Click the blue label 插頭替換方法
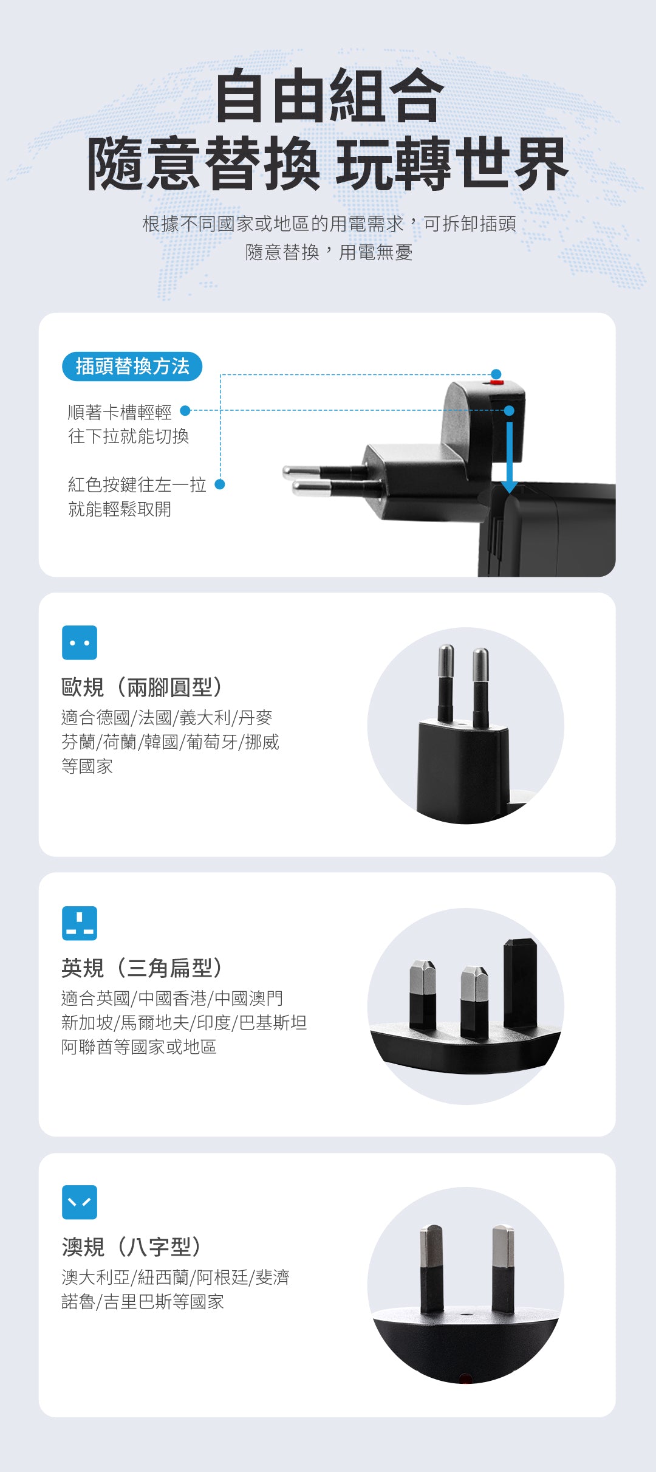coord(132,366)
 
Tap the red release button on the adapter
coord(497,382)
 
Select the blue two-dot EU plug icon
coord(80,642)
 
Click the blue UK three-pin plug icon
coord(80,923)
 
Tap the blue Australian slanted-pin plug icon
coord(80,1202)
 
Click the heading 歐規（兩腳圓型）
coord(142,687)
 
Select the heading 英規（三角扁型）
coord(142,968)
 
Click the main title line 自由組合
coord(329,96)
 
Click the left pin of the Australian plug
coord(432,1269)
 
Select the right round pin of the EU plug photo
coord(481,688)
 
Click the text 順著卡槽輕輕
coord(120,412)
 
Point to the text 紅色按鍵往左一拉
coord(137,484)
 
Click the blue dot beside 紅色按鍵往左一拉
coord(220,484)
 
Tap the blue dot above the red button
coord(496,374)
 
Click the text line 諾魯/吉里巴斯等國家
coord(143,1302)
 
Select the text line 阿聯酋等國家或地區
coord(139,1047)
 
